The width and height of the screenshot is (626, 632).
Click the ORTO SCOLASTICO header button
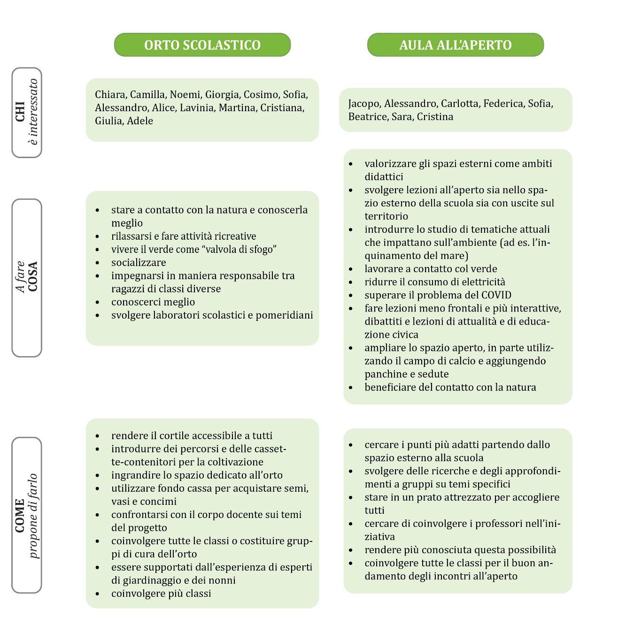pyautogui.click(x=202, y=45)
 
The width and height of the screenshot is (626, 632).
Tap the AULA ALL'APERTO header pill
pyautogui.click(x=455, y=45)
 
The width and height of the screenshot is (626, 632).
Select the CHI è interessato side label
pyautogui.click(x=27, y=113)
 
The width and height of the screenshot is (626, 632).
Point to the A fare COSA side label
pyautogui.click(x=27, y=277)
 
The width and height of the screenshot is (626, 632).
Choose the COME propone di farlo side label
pyautogui.click(x=27, y=515)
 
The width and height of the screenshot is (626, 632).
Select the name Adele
pyautogui.click(x=140, y=121)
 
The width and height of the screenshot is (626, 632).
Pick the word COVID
pyautogui.click(x=496, y=295)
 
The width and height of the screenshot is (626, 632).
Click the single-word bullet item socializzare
pyautogui.click(x=139, y=263)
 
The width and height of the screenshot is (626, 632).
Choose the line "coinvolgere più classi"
pyautogui.click(x=161, y=594)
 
